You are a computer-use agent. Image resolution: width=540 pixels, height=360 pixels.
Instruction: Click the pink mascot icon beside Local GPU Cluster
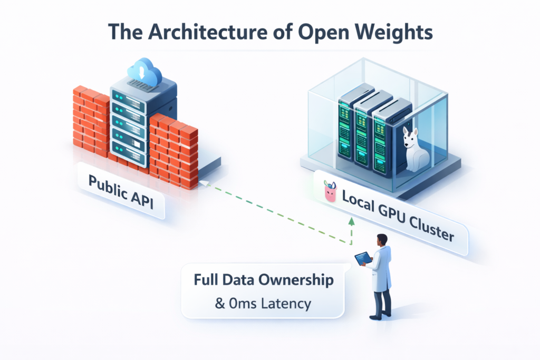[330, 192]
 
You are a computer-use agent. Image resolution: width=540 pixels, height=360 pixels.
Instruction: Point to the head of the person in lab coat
[382, 240]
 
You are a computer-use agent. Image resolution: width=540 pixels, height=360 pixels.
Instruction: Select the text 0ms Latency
[263, 304]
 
